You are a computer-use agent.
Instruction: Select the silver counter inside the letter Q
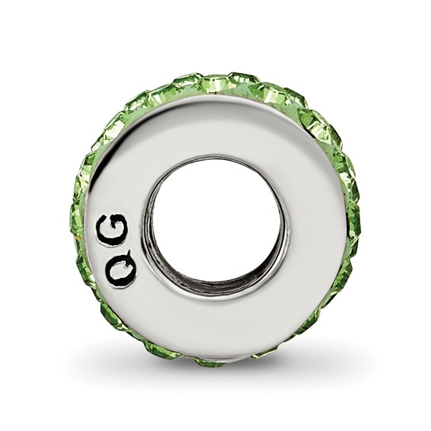point(120,271)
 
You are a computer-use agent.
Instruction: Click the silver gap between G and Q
point(117,249)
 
